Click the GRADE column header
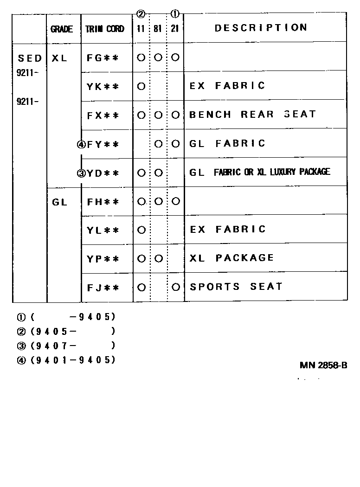pos(62,29)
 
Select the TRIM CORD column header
pos(105,29)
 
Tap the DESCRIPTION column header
pos(261,28)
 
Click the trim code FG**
pos(103,58)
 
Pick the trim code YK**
pos(103,86)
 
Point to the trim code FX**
pos(103,115)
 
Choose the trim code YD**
pos(103,173)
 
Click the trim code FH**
pos(103,202)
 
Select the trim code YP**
pos(103,259)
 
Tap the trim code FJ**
pos(103,288)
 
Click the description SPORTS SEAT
pos(236,287)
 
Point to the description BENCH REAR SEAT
pos(252,115)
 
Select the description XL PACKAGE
pos(231,258)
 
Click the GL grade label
pos(60,202)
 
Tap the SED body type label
pos(30,58)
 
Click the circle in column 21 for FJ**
pos(175,287)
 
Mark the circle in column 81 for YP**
pos(158,258)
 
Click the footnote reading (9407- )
pos(72,346)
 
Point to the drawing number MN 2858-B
pos(323,365)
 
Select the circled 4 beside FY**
pos(82,144)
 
